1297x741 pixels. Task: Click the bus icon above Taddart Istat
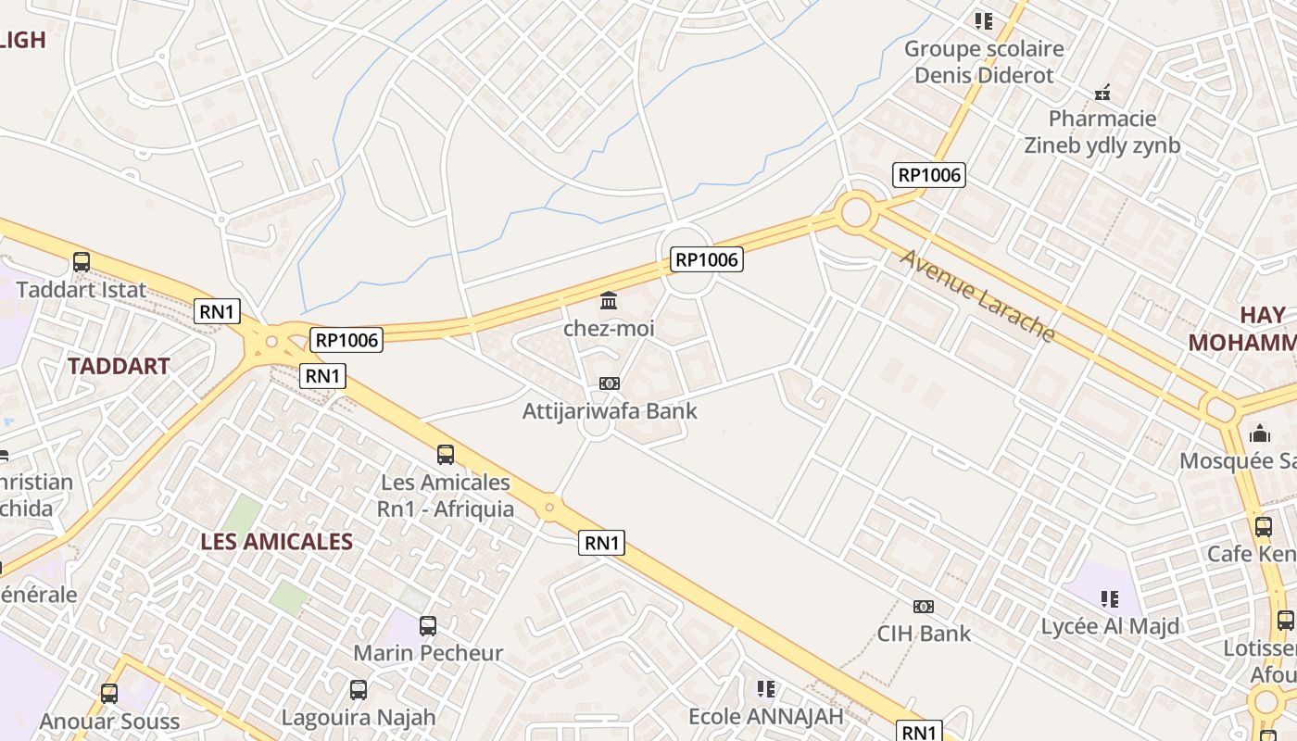[x=82, y=262]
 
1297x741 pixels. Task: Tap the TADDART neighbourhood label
[x=119, y=366]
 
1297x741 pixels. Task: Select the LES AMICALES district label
[x=276, y=542]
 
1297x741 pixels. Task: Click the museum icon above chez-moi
[x=610, y=300]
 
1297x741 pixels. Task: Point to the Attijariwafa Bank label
[x=610, y=410]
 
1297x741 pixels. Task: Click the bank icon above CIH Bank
[x=923, y=607]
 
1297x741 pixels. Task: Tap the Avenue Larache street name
[x=977, y=295]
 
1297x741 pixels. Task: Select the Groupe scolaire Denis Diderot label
[x=984, y=61]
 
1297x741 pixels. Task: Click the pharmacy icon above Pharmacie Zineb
[x=1102, y=93]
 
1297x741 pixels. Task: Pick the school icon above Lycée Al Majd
[x=1109, y=599]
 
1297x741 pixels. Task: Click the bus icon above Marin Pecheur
[x=427, y=626]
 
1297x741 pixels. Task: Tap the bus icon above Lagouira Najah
[x=359, y=690]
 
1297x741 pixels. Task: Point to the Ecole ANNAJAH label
[x=765, y=716]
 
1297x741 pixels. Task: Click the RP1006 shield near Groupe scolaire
[x=929, y=174]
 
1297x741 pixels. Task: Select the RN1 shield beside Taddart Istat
[x=217, y=311]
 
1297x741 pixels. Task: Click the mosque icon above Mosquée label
[x=1260, y=433]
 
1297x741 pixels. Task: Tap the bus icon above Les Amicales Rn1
[x=446, y=455]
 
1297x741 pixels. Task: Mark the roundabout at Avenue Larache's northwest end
[x=856, y=212]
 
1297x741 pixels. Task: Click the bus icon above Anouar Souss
[x=109, y=693]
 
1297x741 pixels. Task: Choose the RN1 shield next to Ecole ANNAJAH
[x=919, y=732]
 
